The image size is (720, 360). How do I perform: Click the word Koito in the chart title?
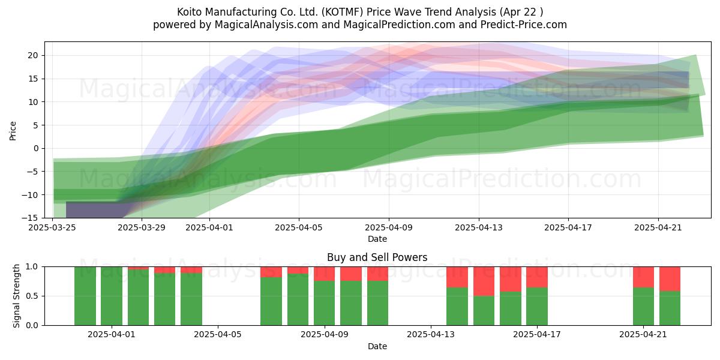coord(190,12)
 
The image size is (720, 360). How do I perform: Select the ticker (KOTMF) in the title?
coord(343,12)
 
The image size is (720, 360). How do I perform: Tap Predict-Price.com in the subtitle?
coord(524,25)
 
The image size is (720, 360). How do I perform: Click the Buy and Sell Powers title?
coord(377,257)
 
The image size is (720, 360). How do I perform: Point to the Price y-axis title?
coord(13,131)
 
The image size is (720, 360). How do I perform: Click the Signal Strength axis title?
coord(16,296)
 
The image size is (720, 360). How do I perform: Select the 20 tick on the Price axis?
coord(33,55)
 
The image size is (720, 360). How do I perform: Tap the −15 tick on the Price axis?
coord(30,218)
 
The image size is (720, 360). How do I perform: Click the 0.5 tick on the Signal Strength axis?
coord(31,296)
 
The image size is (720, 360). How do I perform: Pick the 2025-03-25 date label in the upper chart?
coord(52,227)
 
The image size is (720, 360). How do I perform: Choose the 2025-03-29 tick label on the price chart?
coord(142,227)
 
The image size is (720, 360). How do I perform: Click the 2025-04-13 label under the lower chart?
coord(431,335)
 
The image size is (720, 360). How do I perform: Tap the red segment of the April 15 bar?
coord(484,281)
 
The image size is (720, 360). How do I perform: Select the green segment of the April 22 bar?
coord(670,308)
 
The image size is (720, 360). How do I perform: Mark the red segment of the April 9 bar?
coord(325,274)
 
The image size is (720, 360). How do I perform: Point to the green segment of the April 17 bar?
coord(537,307)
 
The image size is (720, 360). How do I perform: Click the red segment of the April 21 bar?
coord(643,277)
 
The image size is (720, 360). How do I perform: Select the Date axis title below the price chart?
coord(377,239)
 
